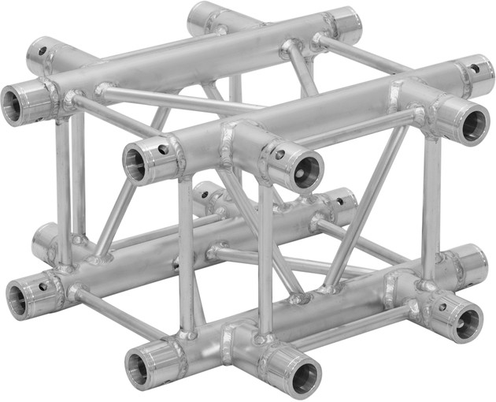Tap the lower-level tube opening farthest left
18,298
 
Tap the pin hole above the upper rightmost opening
476,68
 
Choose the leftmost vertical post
62,181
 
